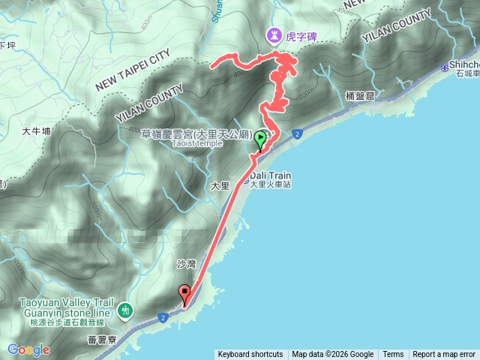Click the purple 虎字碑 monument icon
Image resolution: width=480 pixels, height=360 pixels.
coord(275,34)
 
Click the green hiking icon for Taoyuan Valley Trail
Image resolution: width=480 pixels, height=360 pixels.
coord(125,309)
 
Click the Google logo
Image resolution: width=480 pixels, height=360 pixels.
coord(28,349)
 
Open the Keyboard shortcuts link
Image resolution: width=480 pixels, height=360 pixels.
coord(250,355)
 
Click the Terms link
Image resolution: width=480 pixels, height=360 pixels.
coord(393,355)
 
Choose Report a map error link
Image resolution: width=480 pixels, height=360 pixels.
coord(444,355)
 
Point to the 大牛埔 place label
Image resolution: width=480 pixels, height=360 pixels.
coord(36,130)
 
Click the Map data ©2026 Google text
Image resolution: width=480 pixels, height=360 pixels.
coord(333,355)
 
